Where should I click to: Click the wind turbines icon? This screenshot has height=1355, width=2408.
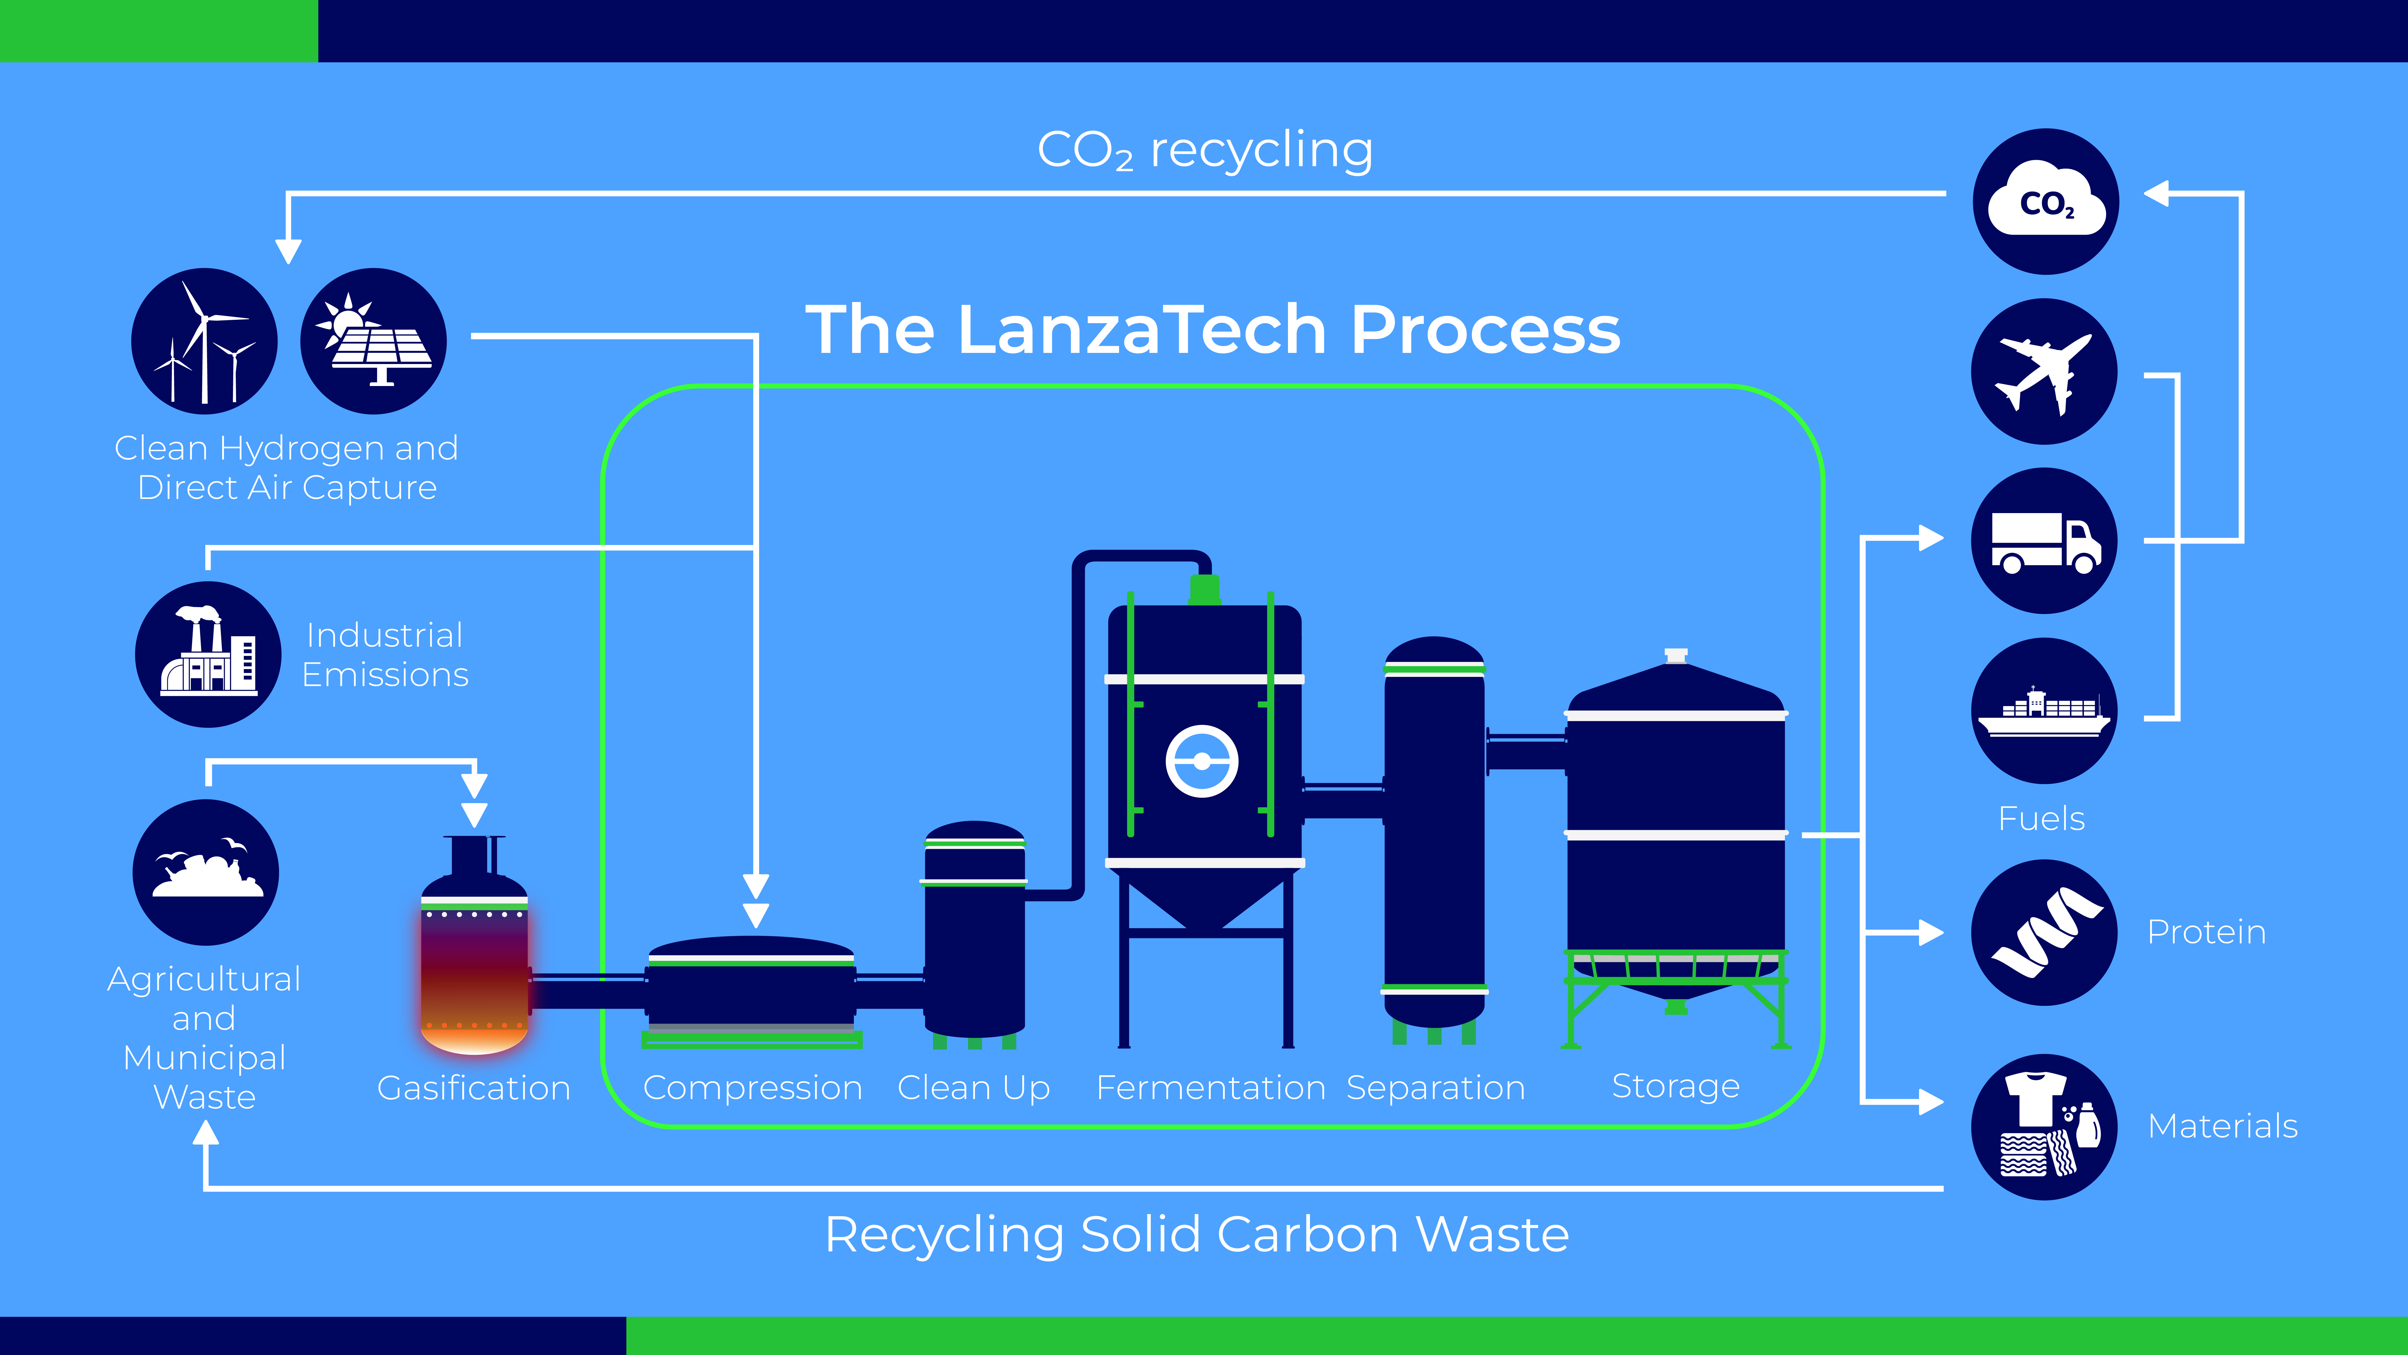pos(204,341)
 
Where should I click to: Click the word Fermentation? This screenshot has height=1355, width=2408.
pos(1211,1088)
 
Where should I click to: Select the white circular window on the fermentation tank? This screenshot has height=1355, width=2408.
pos(1202,761)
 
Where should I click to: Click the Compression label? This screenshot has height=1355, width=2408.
pos(752,1088)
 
